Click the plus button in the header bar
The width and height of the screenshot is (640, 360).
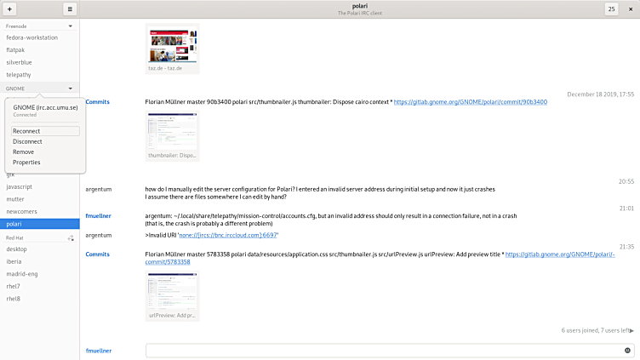[9, 9]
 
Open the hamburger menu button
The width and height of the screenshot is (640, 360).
[70, 9]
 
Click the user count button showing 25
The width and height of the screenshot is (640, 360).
[612, 9]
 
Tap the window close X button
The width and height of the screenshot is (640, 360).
[631, 9]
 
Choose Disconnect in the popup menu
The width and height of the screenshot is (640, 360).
[27, 141]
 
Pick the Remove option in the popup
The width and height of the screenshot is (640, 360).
[24, 151]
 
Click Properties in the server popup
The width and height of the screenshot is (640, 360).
[26, 162]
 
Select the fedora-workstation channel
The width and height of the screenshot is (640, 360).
[31, 37]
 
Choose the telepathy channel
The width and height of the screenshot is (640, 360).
[20, 74]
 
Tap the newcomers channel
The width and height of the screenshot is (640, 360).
[22, 210]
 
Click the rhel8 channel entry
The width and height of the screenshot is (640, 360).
[14, 298]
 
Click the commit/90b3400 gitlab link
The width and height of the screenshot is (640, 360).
[471, 102]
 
